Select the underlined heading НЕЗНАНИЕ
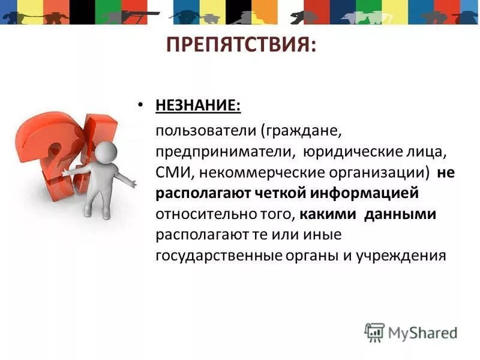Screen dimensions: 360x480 198,106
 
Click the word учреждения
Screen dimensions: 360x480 401,256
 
